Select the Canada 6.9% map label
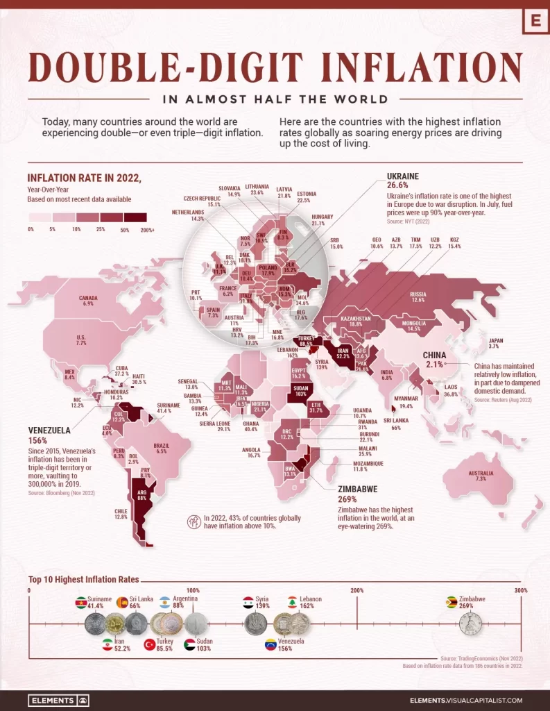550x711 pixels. click(x=87, y=301)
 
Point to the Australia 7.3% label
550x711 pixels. click(x=481, y=476)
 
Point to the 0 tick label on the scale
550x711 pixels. click(x=30, y=590)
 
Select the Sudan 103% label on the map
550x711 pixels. click(x=300, y=390)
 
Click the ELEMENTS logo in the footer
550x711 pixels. click(x=59, y=700)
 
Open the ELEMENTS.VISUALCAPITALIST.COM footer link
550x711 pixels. click(x=476, y=701)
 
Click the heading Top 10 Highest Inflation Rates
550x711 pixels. click(x=83, y=578)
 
